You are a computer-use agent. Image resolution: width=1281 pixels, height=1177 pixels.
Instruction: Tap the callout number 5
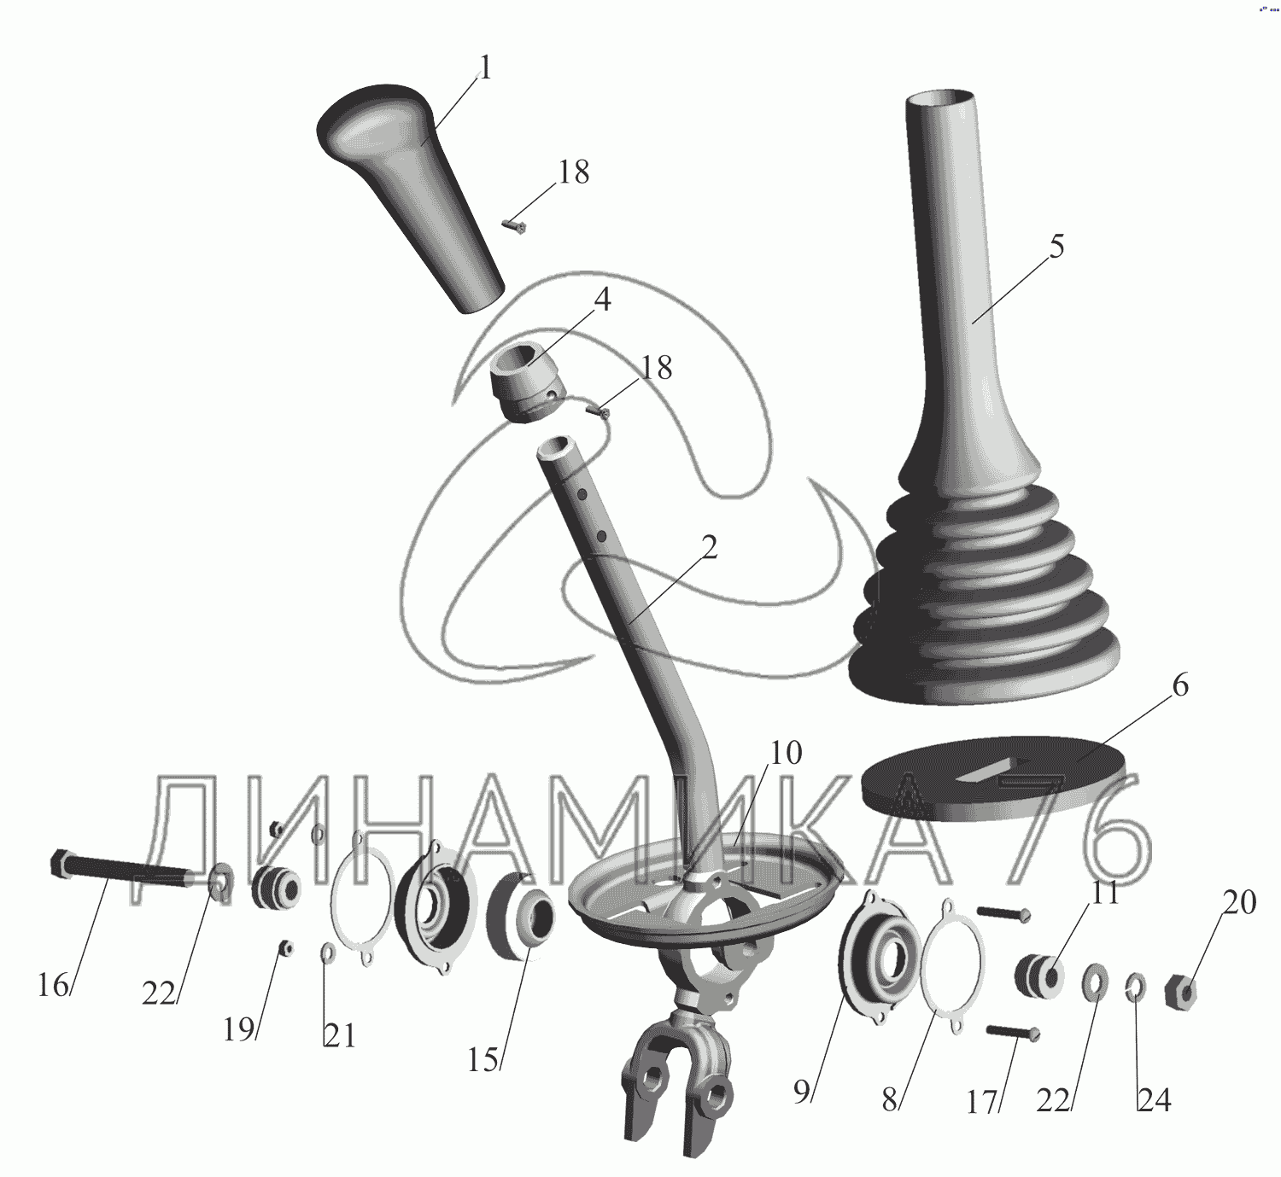(x=1056, y=246)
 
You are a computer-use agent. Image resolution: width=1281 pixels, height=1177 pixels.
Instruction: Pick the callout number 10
(x=786, y=753)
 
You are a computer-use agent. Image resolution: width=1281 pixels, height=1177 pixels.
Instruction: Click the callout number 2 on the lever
(x=708, y=548)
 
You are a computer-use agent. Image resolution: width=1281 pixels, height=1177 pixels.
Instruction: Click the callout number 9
(x=803, y=1093)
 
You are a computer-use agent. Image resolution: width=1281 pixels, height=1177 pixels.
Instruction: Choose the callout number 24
(x=1155, y=1100)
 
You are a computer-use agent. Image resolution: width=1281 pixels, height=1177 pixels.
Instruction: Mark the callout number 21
(x=339, y=1036)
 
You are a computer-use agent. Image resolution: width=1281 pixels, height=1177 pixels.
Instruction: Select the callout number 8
(x=890, y=1100)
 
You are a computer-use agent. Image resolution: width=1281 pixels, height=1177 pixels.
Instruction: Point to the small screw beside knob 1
(x=514, y=226)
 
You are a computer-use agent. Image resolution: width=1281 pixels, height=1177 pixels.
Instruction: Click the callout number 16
(x=52, y=986)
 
